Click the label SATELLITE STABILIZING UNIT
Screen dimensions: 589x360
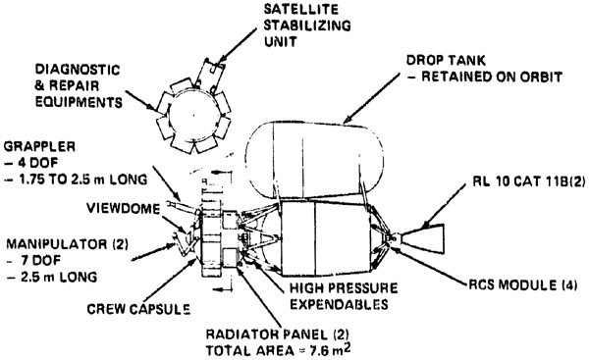[x=307, y=26]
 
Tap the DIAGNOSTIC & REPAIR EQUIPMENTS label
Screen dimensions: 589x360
[x=79, y=86]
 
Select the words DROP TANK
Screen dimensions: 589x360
[x=446, y=61]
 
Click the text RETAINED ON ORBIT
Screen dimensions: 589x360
[x=492, y=77]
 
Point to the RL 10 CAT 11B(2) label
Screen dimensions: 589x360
[x=529, y=181]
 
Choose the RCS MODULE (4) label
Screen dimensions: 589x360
[x=523, y=284]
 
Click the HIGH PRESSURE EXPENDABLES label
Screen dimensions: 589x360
[x=344, y=296]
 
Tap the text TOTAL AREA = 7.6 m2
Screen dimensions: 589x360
[x=279, y=350]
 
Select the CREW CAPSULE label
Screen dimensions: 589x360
[x=138, y=309]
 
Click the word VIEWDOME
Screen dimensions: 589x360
[x=124, y=208]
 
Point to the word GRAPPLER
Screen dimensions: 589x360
[x=39, y=146]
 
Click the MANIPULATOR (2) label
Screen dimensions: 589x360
[x=67, y=244]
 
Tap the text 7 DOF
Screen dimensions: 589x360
[x=40, y=260]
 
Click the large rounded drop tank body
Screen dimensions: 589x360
[x=314, y=161]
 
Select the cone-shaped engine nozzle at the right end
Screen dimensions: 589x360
[x=422, y=237]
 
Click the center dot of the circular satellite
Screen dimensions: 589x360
[x=193, y=115]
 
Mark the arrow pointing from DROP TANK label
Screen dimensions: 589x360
[x=372, y=98]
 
